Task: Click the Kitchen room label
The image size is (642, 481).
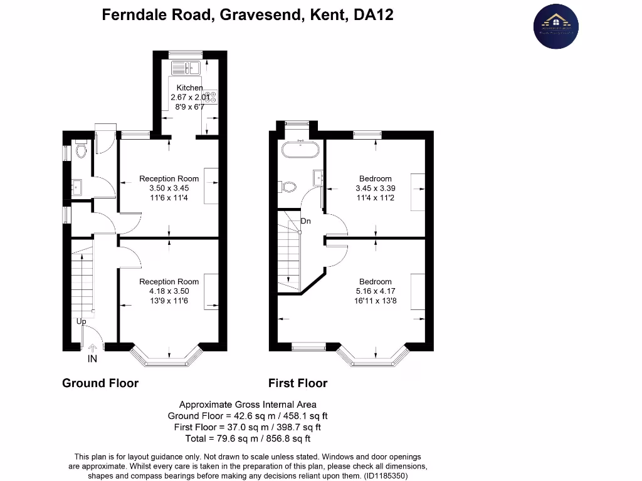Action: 189,88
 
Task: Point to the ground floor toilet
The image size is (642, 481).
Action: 80,151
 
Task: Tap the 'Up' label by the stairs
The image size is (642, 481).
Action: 82,321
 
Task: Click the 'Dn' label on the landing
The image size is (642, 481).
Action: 306,221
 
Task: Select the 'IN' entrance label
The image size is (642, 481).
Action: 92,359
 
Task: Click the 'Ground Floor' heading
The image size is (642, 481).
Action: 100,383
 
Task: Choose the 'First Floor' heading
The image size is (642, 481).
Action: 298,383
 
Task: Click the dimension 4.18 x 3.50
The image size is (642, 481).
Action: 169,291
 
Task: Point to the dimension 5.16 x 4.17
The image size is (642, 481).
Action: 376,291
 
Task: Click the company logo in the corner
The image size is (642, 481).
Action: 555,26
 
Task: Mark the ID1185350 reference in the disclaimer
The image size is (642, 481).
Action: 384,475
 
